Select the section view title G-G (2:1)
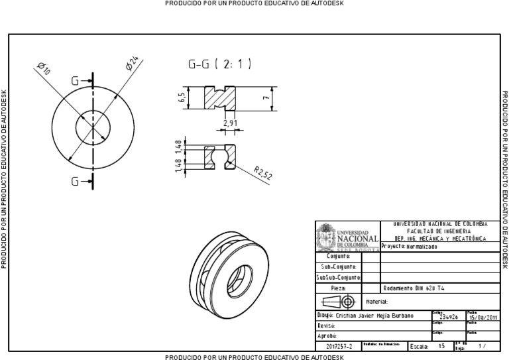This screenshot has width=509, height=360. click(x=219, y=64)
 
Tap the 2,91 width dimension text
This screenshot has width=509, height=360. click(x=230, y=123)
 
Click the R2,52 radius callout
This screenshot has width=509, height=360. click(x=263, y=174)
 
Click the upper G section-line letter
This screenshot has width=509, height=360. click(x=76, y=81)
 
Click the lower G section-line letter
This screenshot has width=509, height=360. click(x=76, y=181)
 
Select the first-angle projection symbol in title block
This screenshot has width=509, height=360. click(x=339, y=302)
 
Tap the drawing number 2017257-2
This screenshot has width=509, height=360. click(x=338, y=345)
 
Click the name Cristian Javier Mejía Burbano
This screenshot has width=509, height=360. click(x=375, y=316)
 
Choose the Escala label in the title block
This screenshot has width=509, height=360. click(x=419, y=345)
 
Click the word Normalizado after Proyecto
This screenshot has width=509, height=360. click(x=423, y=246)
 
